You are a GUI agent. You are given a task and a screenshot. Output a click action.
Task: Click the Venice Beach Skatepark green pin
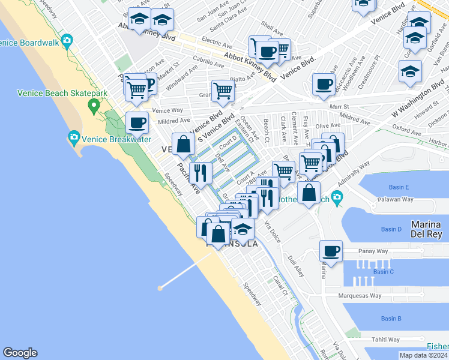[x=93, y=107]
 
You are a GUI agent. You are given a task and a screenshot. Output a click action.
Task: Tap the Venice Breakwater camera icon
[x=74, y=137]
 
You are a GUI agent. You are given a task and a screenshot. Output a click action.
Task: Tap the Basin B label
[x=390, y=319]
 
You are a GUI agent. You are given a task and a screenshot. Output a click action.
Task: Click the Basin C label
[x=383, y=272]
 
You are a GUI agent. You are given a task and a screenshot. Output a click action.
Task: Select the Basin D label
[x=391, y=229]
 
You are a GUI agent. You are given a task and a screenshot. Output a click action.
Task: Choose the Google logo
[x=20, y=353]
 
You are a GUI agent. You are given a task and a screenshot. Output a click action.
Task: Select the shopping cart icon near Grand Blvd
[x=223, y=91]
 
